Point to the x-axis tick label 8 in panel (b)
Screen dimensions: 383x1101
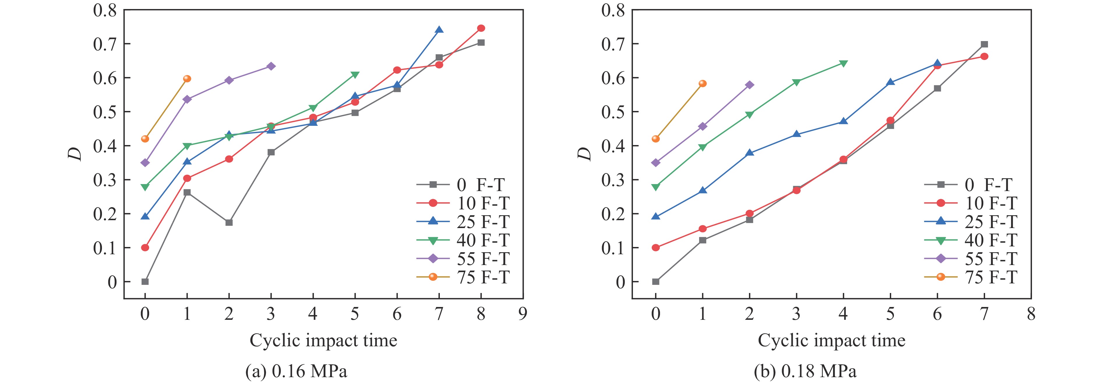point(1031,315)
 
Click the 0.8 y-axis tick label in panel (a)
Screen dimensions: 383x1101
point(105,10)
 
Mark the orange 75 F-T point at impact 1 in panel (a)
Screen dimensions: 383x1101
point(187,79)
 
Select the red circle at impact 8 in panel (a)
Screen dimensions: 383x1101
point(481,28)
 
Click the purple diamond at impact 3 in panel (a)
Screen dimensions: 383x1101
point(271,66)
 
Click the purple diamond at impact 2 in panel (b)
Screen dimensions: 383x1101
point(749,85)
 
